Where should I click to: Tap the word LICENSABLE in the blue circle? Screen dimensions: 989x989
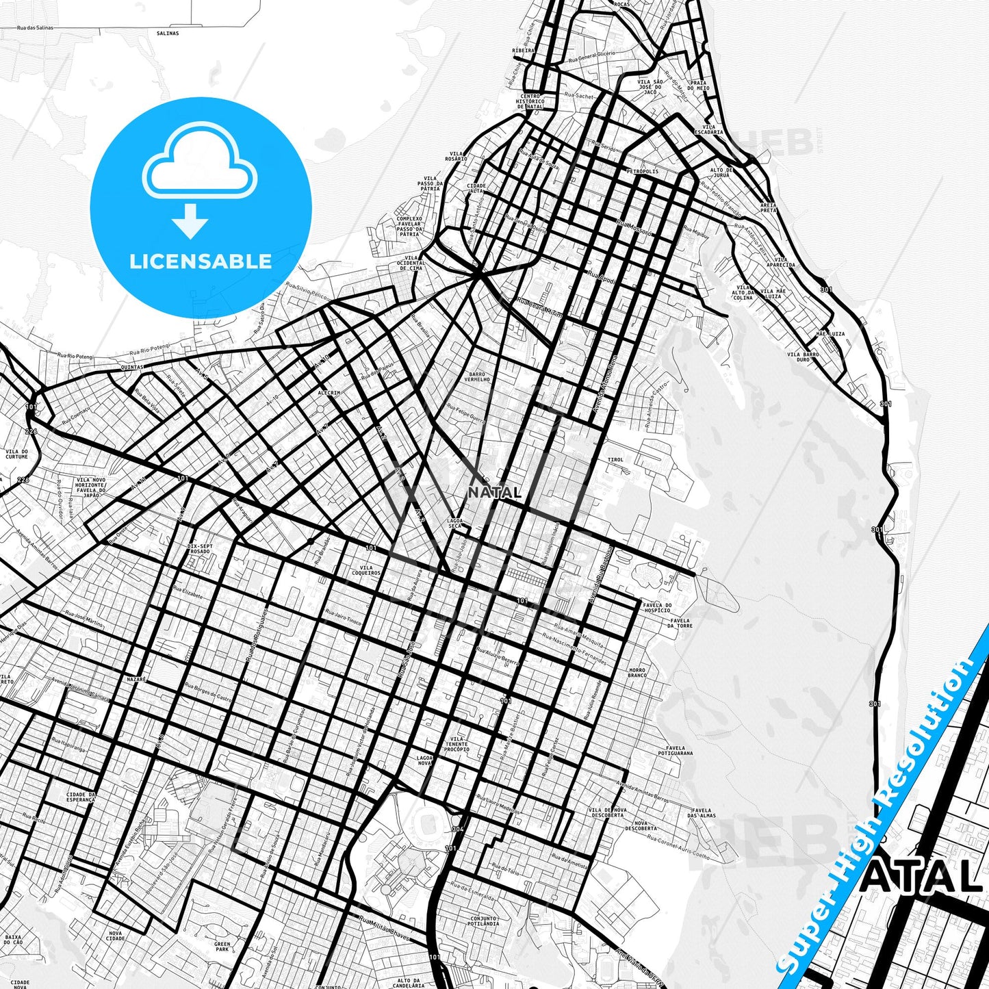tap(201, 261)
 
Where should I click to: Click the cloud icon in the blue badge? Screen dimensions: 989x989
tap(199, 164)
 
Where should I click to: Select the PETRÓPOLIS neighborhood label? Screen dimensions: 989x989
tap(642, 171)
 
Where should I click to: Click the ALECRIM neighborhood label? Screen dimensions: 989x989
tap(329, 393)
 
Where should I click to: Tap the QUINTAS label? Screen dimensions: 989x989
tap(132, 367)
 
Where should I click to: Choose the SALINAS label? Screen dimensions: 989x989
tap(167, 33)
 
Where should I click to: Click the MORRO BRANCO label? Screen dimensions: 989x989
tap(637, 673)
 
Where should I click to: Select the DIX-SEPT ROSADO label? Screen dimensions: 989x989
tap(199, 549)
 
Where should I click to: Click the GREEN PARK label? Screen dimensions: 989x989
tap(222, 947)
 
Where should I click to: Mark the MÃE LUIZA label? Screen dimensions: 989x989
tap(830, 334)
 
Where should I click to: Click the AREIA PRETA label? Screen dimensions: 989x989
tap(769, 207)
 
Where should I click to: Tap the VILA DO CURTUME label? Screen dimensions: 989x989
tap(16, 454)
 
